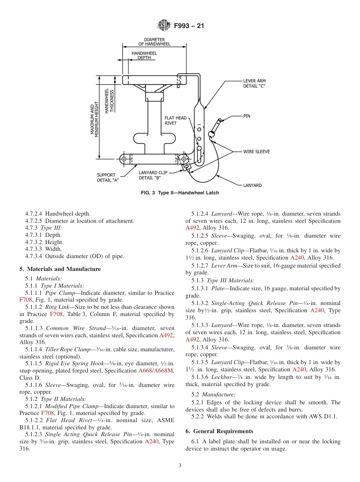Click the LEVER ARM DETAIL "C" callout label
[254, 83]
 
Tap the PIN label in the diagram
[247, 116]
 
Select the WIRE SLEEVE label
[257, 152]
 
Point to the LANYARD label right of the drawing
[252, 185]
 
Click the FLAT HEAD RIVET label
[175, 121]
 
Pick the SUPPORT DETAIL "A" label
[108, 178]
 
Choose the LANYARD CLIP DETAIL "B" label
[153, 175]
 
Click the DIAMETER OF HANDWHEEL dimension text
[154, 42]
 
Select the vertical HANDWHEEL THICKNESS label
[109, 100]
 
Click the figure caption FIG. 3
[180, 193]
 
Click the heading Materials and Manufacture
[60, 269]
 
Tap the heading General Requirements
[219, 431]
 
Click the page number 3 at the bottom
[180, 466]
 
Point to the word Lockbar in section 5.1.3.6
[220, 377]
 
